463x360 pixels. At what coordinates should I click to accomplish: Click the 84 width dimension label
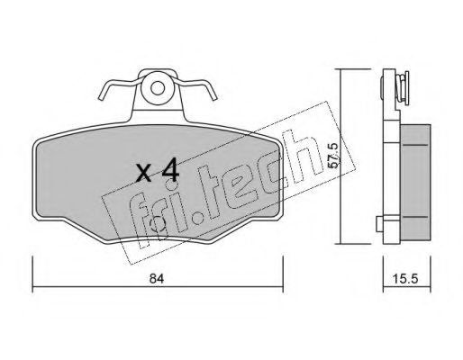point(157,279)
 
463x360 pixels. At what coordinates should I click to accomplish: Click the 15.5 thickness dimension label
point(405,279)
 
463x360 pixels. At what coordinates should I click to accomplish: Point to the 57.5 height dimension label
point(333,156)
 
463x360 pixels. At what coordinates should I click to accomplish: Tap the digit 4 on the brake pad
point(170,171)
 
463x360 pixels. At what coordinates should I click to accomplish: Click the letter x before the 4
point(143,174)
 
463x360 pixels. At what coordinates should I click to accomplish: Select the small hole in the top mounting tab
point(158,88)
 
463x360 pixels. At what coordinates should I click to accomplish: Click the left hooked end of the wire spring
point(102,95)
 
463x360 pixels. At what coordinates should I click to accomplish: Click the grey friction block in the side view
point(415,182)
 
